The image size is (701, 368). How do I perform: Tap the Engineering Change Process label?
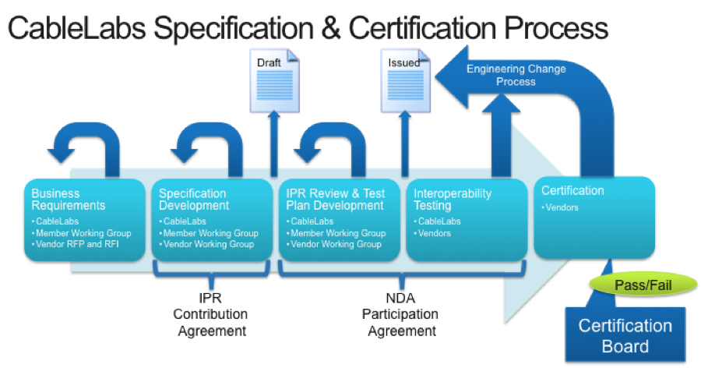pos(516,75)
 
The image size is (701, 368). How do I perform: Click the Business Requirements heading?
pos(68,200)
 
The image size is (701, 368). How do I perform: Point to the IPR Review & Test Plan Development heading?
pos(335,200)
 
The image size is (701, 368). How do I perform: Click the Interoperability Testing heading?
pos(453,200)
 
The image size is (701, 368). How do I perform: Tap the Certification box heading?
pos(572,190)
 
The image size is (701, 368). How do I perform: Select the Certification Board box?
pos(625,334)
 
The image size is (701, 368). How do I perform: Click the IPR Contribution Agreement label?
pos(210,314)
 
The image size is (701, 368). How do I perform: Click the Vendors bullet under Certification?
pos(563,208)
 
